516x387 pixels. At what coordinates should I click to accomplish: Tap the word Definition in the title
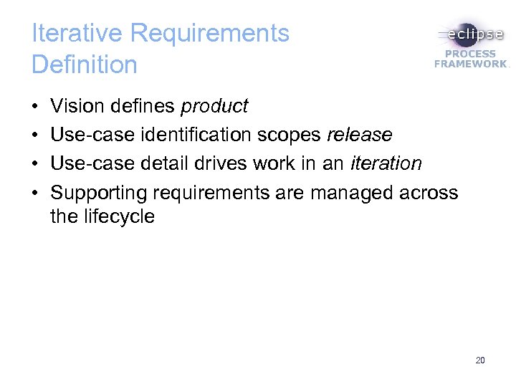(84, 64)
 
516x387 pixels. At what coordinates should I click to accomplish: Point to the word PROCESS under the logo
(470, 54)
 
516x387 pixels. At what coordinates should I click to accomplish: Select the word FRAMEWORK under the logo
(470, 64)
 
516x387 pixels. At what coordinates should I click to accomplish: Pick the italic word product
(214, 107)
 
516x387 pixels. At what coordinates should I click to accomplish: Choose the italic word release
(359, 135)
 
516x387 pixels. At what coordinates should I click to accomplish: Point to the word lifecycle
(119, 216)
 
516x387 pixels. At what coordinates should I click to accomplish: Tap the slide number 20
(479, 360)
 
